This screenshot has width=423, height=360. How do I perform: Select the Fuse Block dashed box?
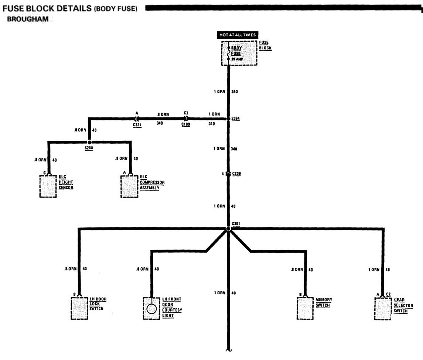click(x=239, y=53)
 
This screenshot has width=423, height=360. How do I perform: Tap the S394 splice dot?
click(x=228, y=119)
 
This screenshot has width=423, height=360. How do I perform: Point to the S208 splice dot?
click(x=89, y=142)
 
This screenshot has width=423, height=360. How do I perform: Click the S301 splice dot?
click(x=228, y=229)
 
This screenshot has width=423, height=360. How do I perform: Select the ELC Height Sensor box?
click(x=48, y=186)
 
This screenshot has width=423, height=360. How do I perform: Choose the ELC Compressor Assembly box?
click(x=129, y=186)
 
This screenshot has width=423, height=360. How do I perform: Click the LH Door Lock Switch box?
click(x=79, y=308)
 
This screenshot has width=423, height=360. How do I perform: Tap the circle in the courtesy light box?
click(x=151, y=309)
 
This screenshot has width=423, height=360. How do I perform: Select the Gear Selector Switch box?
click(x=383, y=308)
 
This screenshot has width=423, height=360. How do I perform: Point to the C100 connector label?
click(x=186, y=125)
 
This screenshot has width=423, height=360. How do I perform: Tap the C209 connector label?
click(x=237, y=173)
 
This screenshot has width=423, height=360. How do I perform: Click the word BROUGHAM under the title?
click(x=28, y=20)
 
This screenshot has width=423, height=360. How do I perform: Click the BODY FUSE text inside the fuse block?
click(x=236, y=51)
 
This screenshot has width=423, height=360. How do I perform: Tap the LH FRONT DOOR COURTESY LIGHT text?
click(x=172, y=308)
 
